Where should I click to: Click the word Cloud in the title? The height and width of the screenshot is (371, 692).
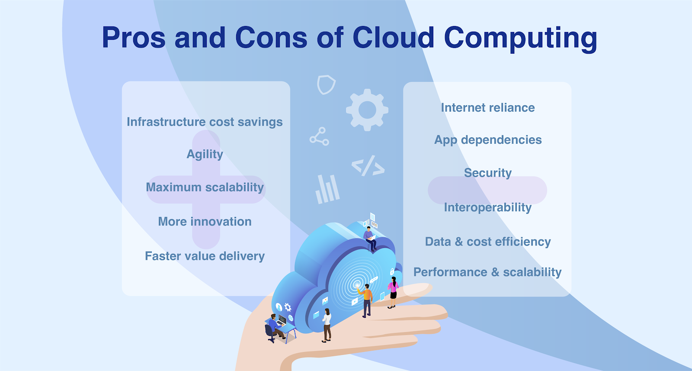(393, 38)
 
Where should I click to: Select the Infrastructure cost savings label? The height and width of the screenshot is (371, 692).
(205, 122)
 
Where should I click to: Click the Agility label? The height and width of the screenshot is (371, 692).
(205, 155)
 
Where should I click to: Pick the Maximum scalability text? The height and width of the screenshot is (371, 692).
(205, 187)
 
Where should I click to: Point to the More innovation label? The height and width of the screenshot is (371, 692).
(205, 222)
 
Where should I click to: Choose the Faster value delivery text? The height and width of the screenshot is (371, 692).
(205, 256)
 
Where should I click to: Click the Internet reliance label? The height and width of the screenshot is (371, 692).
(487, 108)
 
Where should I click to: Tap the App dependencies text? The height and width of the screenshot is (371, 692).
(487, 140)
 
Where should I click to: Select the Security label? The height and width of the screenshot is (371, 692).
(487, 173)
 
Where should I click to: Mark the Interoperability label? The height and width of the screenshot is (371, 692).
(487, 207)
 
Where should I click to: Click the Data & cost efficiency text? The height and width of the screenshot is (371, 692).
(487, 242)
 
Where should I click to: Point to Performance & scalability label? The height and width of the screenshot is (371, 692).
(487, 272)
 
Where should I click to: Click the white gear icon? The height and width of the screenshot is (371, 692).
(367, 110)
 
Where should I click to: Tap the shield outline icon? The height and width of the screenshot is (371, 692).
(326, 84)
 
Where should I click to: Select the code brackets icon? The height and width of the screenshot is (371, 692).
(368, 166)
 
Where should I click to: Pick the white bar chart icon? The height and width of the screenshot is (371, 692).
(327, 189)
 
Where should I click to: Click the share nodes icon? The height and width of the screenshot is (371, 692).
(319, 136)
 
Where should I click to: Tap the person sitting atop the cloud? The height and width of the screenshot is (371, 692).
(370, 238)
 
